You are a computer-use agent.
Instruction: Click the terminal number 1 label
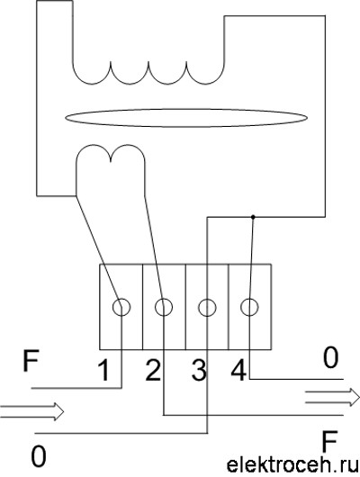[103, 370]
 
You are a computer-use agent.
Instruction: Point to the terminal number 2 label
[153, 370]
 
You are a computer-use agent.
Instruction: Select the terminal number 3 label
[199, 370]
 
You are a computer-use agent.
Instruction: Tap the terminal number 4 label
[238, 370]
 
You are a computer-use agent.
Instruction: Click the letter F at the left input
[31, 361]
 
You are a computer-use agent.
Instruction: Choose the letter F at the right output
[330, 441]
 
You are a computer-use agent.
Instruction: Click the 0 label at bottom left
[39, 456]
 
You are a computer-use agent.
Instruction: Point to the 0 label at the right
[330, 358]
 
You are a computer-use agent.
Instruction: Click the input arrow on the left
[32, 411]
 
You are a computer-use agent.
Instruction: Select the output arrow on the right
[332, 397]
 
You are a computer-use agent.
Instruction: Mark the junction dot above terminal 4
[253, 217]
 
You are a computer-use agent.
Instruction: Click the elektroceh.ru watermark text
[293, 465]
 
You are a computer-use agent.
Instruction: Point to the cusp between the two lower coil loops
[111, 161]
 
